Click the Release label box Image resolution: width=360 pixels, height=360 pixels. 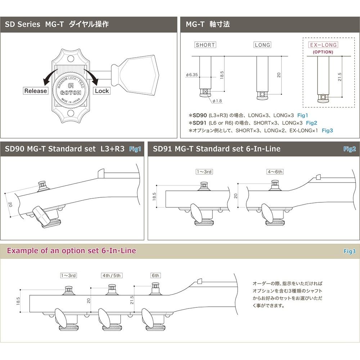point(36,91)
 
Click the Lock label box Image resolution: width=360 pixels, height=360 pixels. point(102,91)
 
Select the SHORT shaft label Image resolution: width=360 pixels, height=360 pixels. point(205,45)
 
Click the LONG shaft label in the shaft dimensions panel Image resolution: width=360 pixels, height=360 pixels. point(262,45)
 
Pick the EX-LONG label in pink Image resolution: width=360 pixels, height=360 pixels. point(323,45)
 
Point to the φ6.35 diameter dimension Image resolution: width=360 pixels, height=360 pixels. point(192,75)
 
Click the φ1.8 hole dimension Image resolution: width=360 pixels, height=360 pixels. point(217,101)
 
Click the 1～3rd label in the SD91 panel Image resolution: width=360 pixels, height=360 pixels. point(204,172)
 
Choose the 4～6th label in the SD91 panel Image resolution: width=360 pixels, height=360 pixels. point(275,172)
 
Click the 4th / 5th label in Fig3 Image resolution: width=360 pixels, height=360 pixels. point(112,275)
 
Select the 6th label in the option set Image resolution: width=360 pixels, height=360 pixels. point(156,275)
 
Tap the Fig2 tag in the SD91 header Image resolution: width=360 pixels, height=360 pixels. point(349,149)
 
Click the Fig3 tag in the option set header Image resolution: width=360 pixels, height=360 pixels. point(349,251)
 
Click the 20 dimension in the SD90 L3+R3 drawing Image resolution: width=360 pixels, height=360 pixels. point(10,204)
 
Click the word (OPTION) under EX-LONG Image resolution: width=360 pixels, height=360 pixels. point(323,52)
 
